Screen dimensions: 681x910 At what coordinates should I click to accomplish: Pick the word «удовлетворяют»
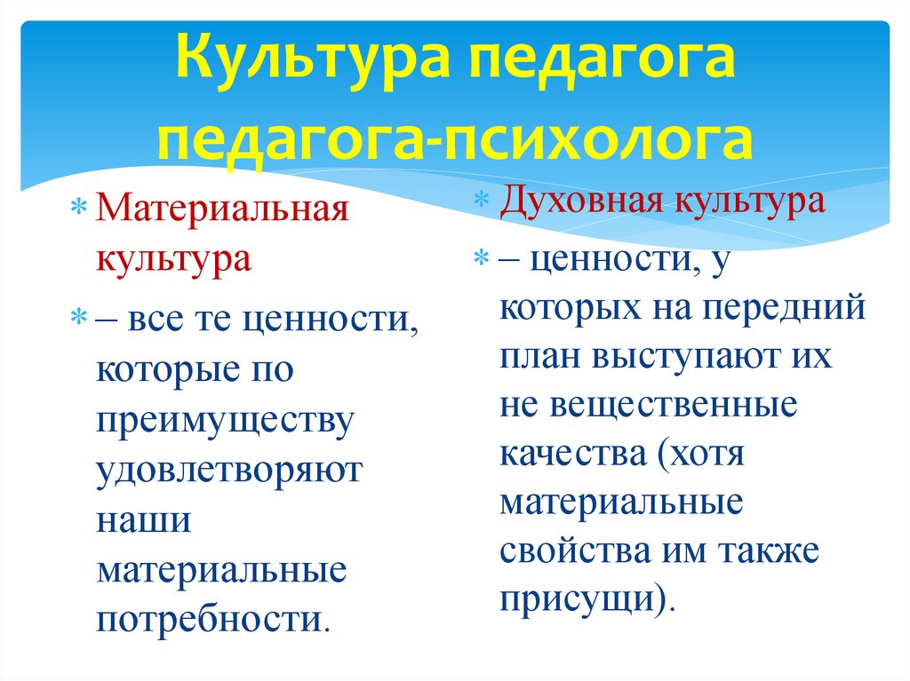(230, 469)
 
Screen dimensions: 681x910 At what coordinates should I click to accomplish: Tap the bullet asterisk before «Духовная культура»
(480, 201)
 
